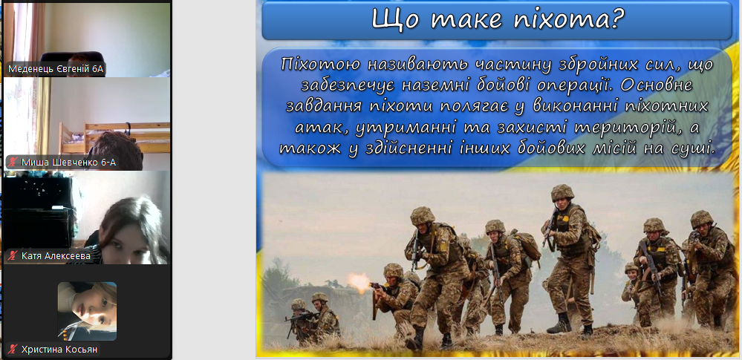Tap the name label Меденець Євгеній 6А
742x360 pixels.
[x=56, y=70]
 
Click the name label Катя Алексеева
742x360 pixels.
[x=49, y=256]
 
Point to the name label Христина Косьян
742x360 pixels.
[x=53, y=350]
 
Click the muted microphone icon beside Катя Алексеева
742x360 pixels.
[x=13, y=256]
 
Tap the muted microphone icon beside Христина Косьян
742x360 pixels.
[x=13, y=350]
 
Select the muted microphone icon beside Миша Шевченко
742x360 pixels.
[x=13, y=163]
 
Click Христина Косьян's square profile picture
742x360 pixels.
[x=87, y=311]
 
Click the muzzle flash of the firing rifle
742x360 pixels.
[x=359, y=282]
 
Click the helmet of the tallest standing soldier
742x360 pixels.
[x=563, y=192]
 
